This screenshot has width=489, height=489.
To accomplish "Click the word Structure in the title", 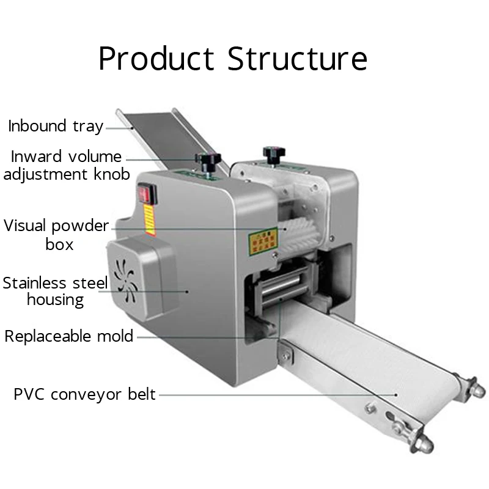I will pyautogui.click(x=298, y=59).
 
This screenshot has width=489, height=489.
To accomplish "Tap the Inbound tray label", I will pyautogui.click(x=56, y=127).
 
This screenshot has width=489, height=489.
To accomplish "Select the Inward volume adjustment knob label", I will pyautogui.click(x=67, y=166).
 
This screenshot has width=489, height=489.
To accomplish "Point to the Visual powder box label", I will pyautogui.click(x=56, y=235).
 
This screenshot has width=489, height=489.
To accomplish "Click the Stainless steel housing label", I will pyautogui.click(x=55, y=291).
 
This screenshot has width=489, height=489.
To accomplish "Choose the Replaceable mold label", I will pyautogui.click(x=69, y=336).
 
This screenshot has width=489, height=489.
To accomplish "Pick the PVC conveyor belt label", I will pyautogui.click(x=85, y=394).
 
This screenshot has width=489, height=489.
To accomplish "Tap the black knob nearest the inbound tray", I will pyautogui.click(x=208, y=160).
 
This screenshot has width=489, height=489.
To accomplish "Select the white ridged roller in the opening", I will pyautogui.click(x=300, y=235).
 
